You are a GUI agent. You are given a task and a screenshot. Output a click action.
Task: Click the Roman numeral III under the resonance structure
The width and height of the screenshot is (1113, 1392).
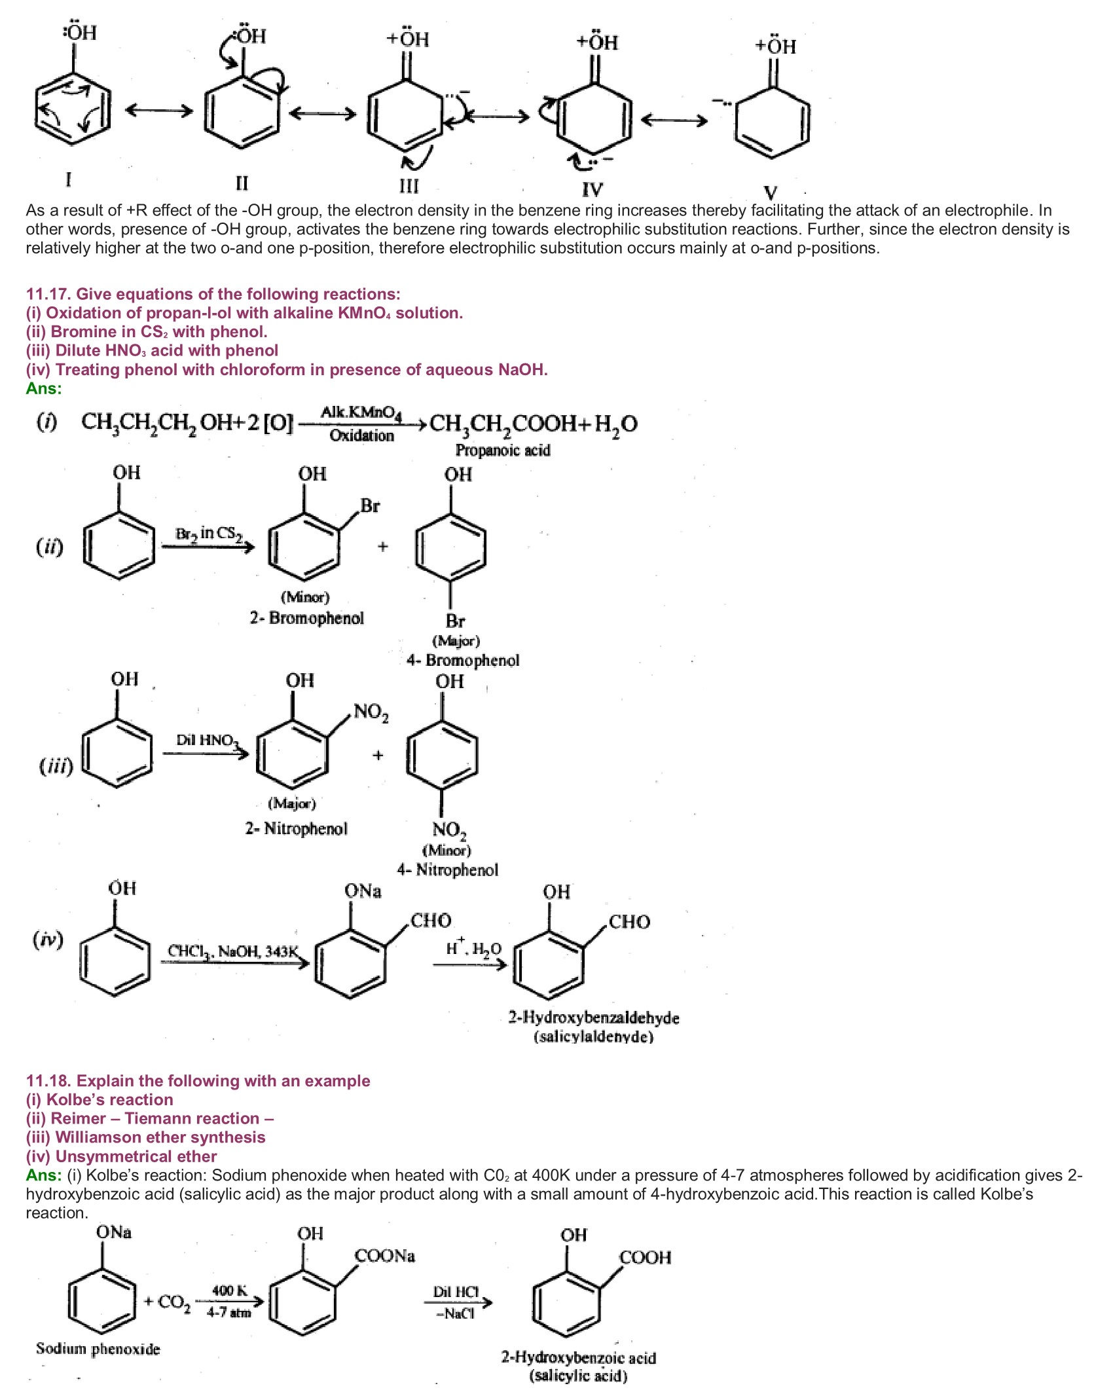coord(409,187)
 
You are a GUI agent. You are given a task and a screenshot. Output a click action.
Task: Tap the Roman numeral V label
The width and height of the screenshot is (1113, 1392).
coord(771,192)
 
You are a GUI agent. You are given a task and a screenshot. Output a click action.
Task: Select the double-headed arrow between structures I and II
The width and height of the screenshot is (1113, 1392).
coord(159,111)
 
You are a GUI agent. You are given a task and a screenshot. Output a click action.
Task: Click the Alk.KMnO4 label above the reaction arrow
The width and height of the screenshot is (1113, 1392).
coord(361,412)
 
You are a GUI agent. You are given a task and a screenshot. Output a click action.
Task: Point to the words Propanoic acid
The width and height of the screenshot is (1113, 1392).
coord(503,450)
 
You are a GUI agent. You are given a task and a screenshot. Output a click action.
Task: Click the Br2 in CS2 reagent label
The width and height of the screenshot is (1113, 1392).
coord(208,534)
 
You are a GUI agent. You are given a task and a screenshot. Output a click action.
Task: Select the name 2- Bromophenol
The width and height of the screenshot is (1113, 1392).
coord(306,618)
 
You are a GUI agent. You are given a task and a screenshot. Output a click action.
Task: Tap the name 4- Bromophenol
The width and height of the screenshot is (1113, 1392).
coord(463,660)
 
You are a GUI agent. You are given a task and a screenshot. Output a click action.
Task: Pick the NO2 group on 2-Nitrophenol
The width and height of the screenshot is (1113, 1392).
coord(371,712)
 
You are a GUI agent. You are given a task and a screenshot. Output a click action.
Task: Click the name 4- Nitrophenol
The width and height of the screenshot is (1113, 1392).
coord(448,870)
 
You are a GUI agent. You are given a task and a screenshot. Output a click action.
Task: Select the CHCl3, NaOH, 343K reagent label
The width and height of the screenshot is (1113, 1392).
coord(233,951)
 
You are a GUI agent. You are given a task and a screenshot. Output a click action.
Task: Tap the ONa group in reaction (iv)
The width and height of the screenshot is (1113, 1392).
coord(363,891)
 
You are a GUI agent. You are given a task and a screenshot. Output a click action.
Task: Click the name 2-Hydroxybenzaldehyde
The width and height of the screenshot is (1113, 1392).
coord(594,1018)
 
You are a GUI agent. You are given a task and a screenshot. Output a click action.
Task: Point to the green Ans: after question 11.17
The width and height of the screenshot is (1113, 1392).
coord(44,389)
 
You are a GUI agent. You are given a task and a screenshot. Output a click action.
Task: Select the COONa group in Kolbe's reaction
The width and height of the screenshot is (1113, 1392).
coord(385,1256)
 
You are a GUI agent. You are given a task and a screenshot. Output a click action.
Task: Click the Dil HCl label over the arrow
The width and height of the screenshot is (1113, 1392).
coord(456,1292)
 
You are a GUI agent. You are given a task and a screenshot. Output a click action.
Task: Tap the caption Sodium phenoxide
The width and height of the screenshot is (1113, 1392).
coord(98,1349)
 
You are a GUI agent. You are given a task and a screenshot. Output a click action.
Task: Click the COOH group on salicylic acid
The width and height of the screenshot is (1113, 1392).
coord(645,1258)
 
